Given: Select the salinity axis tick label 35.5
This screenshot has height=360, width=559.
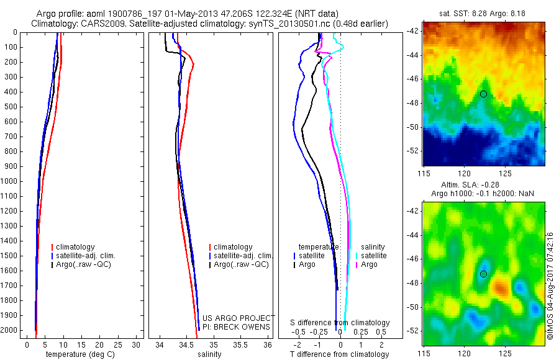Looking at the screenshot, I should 240,344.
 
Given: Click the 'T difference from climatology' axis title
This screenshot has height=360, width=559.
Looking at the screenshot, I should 339,354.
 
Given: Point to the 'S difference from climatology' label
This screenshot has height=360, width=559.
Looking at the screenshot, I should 340,323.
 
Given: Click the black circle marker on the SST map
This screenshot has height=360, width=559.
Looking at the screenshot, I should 483,94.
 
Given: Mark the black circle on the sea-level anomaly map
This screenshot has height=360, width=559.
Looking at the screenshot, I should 483,274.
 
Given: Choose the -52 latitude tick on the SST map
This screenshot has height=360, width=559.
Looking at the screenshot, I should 413,151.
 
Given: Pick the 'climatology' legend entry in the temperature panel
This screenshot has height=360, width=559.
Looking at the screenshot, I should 78,247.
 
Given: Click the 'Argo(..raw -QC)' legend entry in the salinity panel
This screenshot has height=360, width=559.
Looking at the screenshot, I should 240,264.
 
